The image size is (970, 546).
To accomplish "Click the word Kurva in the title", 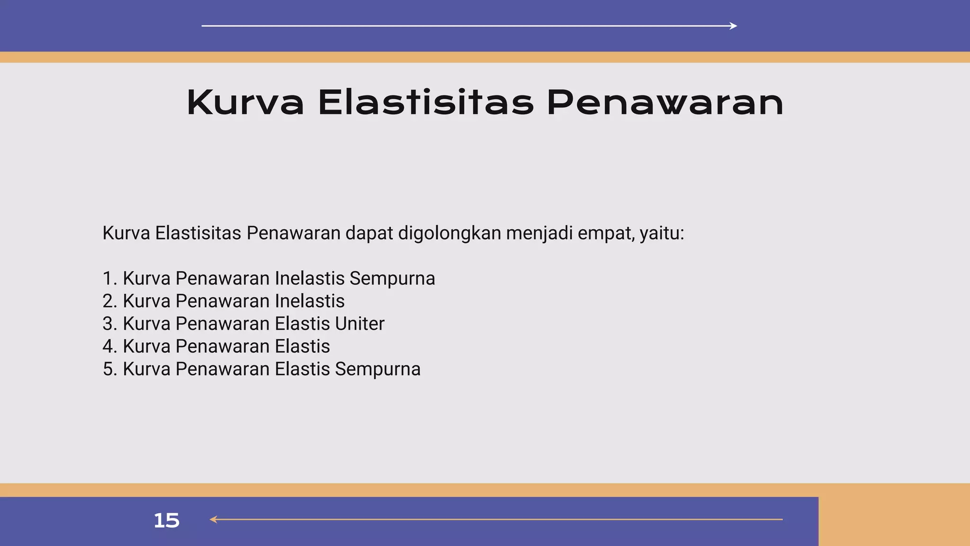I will click(x=245, y=103).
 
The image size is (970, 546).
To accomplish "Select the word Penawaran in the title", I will click(x=665, y=103).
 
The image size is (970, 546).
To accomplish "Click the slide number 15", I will click(x=167, y=520).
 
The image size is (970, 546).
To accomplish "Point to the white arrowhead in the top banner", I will click(x=734, y=26).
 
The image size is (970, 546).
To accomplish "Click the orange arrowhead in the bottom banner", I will click(x=214, y=519).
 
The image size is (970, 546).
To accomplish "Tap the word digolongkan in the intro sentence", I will click(x=449, y=233).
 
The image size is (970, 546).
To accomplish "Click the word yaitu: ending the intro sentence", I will click(x=662, y=233).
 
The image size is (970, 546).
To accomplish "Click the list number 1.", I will click(x=108, y=278).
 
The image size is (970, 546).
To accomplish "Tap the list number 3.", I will click(x=109, y=324).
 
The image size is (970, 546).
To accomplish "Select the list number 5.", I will click(x=109, y=369).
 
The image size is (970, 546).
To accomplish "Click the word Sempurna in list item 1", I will click(x=392, y=278).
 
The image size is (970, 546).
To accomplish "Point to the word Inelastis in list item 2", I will click(x=309, y=301).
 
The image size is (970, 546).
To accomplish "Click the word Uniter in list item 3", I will click(x=359, y=324).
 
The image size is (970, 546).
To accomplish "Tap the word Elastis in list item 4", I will click(x=302, y=346).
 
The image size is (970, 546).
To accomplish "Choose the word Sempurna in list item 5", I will click(x=377, y=369).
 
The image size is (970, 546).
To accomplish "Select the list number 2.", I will click(x=109, y=301).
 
